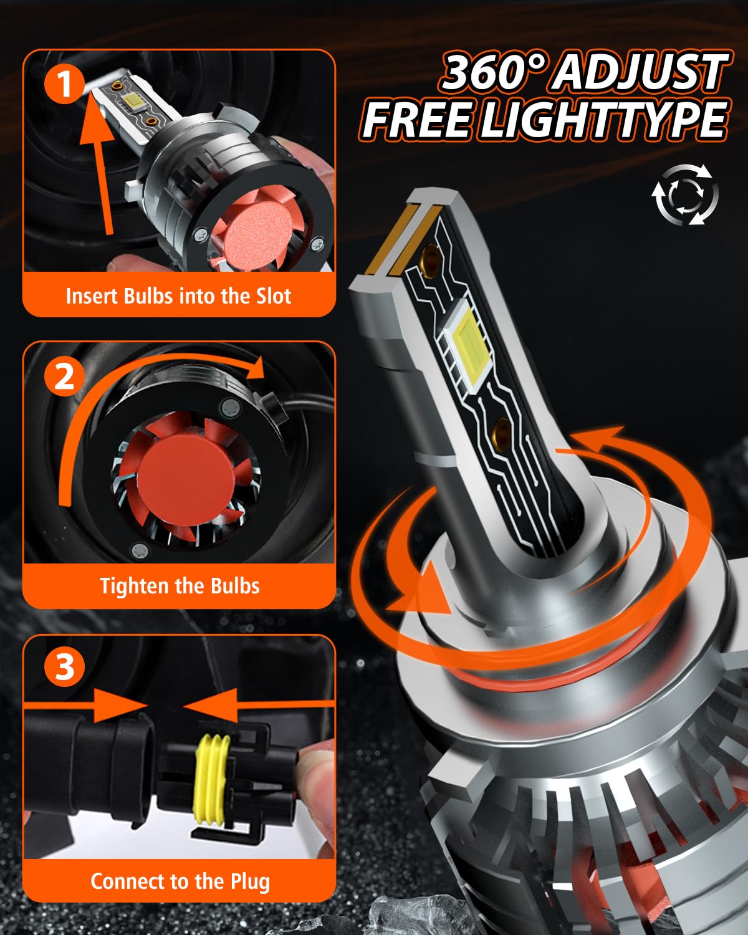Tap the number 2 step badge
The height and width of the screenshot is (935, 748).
(x=64, y=376)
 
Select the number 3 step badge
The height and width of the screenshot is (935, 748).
(x=64, y=667)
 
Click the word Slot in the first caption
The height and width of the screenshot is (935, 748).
(x=274, y=296)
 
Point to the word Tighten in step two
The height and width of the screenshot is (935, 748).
(x=135, y=586)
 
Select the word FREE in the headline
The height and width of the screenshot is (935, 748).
(x=417, y=119)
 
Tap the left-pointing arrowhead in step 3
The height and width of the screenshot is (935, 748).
(x=210, y=706)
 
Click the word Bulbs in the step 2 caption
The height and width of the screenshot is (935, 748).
(x=235, y=586)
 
